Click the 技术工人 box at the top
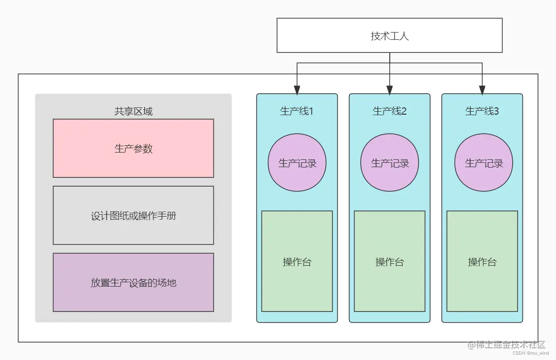tap(389, 35)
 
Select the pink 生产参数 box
tap(133, 148)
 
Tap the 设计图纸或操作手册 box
tap(133, 215)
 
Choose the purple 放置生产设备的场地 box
tap(133, 282)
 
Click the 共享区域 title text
tap(133, 111)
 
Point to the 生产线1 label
tap(296, 111)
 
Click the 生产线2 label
tap(389, 111)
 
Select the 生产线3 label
tap(482, 111)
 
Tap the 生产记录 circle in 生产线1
tap(297, 163)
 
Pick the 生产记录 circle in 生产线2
tap(390, 163)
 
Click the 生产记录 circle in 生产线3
tap(483, 163)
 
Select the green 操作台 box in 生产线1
tap(297, 261)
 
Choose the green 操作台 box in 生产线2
tap(389, 261)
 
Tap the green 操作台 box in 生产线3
tap(482, 261)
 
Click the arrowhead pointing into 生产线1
tap(297, 90)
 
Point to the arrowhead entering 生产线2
tap(389, 90)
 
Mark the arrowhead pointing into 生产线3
tap(482, 90)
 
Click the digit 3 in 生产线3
tap(496, 111)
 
